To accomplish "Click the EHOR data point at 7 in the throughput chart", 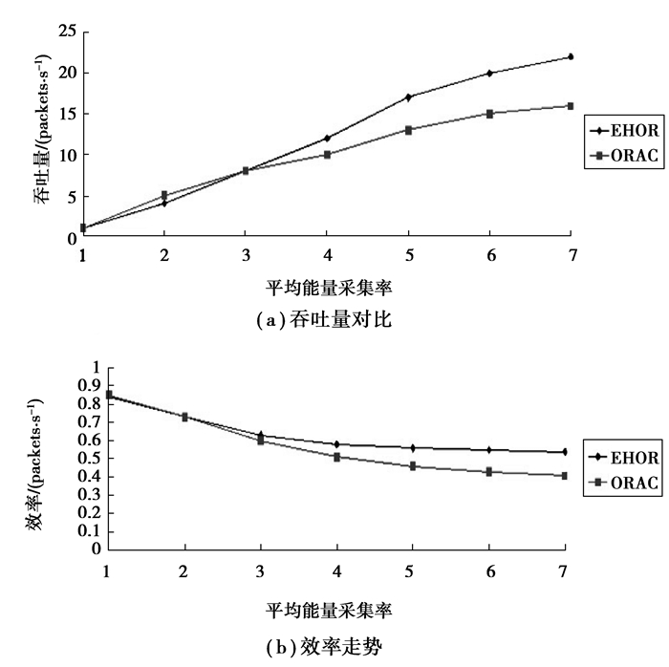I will (571, 57).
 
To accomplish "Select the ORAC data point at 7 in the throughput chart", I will (571, 106).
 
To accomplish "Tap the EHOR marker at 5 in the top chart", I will (408, 97).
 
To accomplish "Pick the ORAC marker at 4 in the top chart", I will (327, 154).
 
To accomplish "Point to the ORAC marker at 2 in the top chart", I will (164, 195).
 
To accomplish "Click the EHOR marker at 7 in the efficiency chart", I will (565, 452).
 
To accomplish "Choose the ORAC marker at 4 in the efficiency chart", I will (336, 457).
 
